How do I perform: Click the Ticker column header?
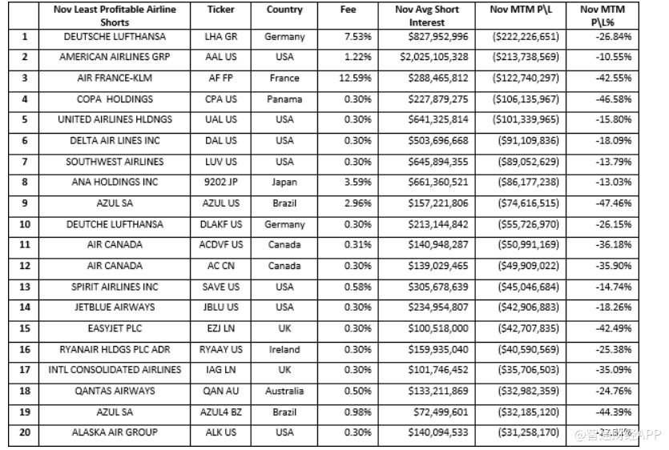(220, 10)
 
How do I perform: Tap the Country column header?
(284, 10)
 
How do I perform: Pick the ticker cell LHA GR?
(220, 37)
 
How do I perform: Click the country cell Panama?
(284, 99)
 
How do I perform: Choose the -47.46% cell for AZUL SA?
(615, 203)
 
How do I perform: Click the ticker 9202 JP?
(220, 183)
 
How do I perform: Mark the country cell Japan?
(284, 183)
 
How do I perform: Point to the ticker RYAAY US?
(220, 349)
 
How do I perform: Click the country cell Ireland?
(284, 349)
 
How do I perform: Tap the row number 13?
(25, 287)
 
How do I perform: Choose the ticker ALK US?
(220, 432)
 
